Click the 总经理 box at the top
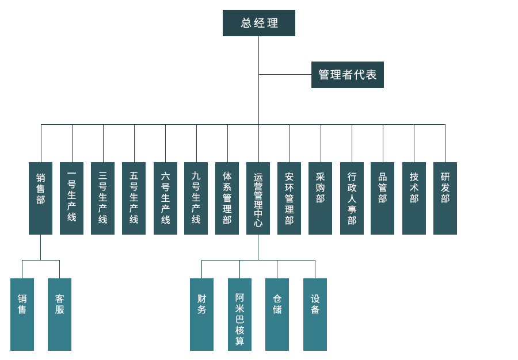[x=259, y=23]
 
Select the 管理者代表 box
[x=347, y=75]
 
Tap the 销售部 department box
[x=40, y=198]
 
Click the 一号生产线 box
[x=71, y=198]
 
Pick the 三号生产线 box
[x=102, y=198]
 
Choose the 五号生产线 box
[x=134, y=198]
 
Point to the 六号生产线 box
[x=165, y=198]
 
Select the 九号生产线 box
[x=196, y=198]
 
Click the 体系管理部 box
[x=227, y=198]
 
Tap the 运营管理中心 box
[x=258, y=198]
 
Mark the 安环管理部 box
[x=289, y=198]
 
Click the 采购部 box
[x=320, y=198]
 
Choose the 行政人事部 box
[x=352, y=198]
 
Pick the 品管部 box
[x=382, y=198]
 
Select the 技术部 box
[x=414, y=198]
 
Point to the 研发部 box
[x=445, y=198]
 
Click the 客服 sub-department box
[x=59, y=314]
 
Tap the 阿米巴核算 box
[x=239, y=314]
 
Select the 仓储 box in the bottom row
[x=277, y=314]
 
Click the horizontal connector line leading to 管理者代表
[x=285, y=74]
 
